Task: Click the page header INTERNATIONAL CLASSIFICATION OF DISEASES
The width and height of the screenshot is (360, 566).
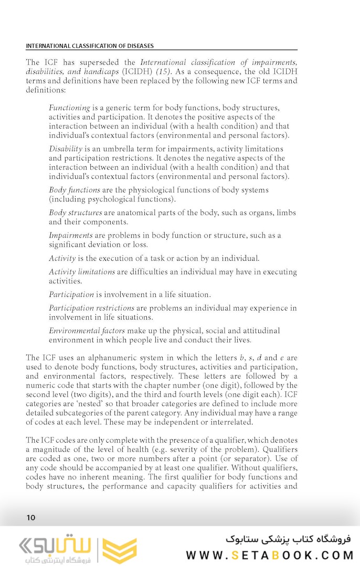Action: [90, 46]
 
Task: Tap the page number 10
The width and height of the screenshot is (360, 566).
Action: [31, 518]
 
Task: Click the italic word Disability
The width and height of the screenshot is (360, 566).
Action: [66, 148]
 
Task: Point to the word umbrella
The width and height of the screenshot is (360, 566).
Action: [124, 148]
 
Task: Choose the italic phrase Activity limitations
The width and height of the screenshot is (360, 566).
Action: [82, 272]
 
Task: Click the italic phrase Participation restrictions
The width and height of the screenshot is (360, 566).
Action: [91, 308]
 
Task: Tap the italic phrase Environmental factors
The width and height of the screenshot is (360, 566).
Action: [87, 330]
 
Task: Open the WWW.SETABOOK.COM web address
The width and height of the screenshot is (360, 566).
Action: [268, 555]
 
